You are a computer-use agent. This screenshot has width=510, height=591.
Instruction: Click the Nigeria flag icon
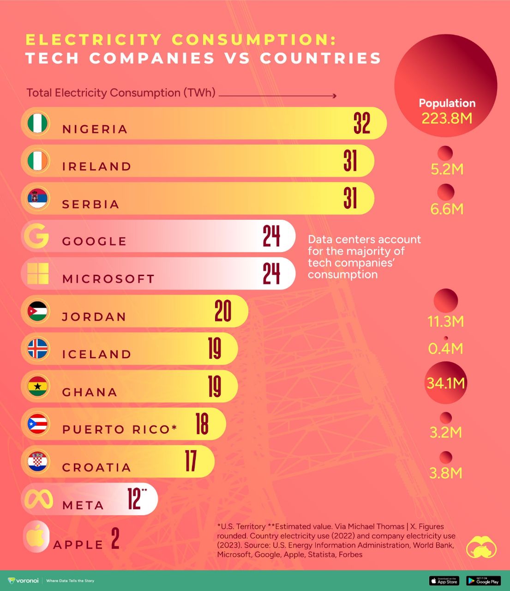pos(37,123)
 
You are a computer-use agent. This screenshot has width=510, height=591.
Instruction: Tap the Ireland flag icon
pos(37,161)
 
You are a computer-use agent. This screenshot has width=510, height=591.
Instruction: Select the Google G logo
pos(36,236)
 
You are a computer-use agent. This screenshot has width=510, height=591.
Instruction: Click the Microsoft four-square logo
pos(38,274)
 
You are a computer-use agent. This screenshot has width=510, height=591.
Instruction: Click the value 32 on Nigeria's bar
pos(362,123)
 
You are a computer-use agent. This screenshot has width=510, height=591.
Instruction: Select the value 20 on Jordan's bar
pos(223,311)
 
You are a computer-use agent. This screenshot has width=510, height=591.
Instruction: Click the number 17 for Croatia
pos(191,461)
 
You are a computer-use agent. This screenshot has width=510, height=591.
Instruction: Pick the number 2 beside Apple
pos(115,539)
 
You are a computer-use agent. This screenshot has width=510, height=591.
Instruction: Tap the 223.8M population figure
pos(447,118)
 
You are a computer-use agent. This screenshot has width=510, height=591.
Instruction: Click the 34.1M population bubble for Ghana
pos(446,383)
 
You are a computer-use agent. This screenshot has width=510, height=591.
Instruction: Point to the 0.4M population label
pos(445,348)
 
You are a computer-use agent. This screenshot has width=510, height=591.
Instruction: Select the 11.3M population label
pos(445,321)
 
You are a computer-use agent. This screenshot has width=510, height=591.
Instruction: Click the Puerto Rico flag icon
pos(37,424)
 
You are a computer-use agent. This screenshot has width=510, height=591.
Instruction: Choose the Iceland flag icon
pos(37,349)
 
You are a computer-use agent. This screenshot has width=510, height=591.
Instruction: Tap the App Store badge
pos(444,581)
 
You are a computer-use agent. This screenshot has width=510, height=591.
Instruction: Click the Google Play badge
pos(483,581)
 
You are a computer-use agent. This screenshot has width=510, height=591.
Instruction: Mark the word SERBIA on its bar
pos(91,204)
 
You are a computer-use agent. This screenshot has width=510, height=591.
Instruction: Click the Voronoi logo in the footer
pos(24,580)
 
